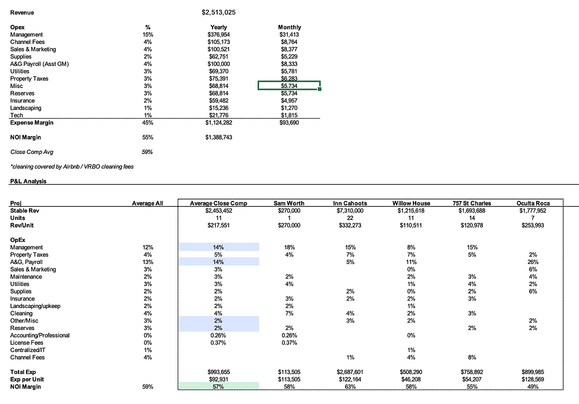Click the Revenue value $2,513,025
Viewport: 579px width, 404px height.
218,12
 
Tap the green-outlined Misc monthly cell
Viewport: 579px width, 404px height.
289,86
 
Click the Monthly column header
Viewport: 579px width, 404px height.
289,27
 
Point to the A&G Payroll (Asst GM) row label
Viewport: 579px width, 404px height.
39,64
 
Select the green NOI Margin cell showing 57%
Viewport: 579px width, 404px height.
219,386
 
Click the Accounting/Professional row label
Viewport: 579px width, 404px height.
40,336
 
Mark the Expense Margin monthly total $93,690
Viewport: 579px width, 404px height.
289,123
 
